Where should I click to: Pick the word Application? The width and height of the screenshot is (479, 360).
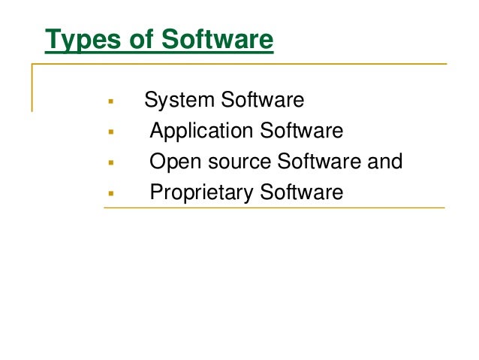(x=201, y=132)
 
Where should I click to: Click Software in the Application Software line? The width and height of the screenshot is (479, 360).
(x=301, y=132)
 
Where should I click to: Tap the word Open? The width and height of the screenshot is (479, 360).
(x=173, y=162)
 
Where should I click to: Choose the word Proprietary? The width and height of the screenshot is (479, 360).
(x=201, y=193)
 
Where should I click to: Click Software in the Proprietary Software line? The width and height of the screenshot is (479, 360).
(x=301, y=193)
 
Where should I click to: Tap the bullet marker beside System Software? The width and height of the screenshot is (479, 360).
(x=110, y=101)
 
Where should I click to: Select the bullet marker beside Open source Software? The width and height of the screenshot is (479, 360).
(x=110, y=162)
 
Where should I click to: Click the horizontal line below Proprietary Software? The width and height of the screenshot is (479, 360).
(x=274, y=209)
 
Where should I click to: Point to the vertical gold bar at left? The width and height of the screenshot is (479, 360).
(x=32, y=87)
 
